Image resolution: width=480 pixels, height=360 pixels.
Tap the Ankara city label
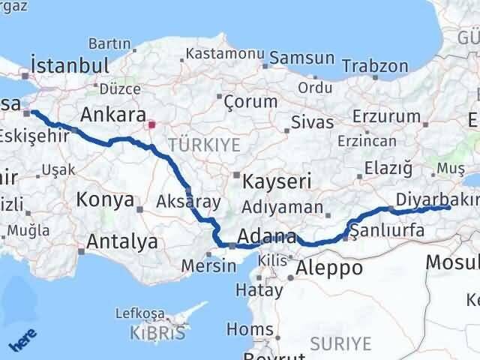[x=112, y=115]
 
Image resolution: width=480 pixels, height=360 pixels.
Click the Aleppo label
[x=329, y=268]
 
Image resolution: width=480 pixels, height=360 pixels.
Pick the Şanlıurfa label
[x=388, y=232]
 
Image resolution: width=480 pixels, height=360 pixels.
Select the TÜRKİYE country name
[x=204, y=145]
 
